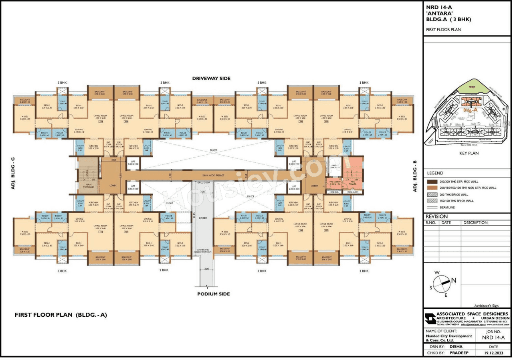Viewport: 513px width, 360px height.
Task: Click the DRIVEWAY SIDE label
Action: point(211,78)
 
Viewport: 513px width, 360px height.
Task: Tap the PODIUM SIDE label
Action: point(213,294)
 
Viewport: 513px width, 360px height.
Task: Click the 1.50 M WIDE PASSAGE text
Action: point(212,176)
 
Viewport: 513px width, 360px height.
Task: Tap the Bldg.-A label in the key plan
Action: point(469,109)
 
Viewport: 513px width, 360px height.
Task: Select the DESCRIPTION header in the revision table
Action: point(475,222)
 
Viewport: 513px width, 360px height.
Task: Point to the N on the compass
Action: point(454,280)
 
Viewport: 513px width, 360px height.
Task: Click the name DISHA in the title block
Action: point(456,346)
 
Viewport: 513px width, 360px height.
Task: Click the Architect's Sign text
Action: point(486,305)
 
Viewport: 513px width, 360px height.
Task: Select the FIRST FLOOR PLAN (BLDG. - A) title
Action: point(61,315)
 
